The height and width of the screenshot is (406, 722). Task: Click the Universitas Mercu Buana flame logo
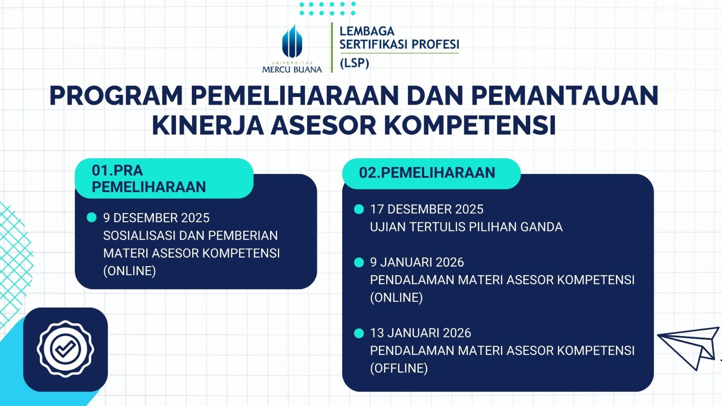pyautogui.click(x=292, y=41)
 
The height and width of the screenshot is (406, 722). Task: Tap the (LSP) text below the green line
pyautogui.click(x=355, y=63)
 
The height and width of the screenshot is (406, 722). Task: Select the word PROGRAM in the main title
pyautogui.click(x=116, y=96)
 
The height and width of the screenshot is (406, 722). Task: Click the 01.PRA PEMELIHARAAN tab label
pyautogui.click(x=148, y=179)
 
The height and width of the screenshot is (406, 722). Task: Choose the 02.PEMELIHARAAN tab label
pyautogui.click(x=427, y=173)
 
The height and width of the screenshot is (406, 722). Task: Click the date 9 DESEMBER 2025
pyautogui.click(x=156, y=218)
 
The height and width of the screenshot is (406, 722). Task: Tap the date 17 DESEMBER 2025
pyautogui.click(x=427, y=209)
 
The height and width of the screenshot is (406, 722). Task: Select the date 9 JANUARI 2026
pyautogui.click(x=417, y=262)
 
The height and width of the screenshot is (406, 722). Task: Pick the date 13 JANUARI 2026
pyautogui.click(x=421, y=333)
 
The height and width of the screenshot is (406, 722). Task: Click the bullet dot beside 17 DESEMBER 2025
pyautogui.click(x=359, y=209)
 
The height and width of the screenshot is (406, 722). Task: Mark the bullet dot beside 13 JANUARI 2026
pyautogui.click(x=359, y=333)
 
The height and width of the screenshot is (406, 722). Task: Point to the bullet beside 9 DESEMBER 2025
pyautogui.click(x=92, y=217)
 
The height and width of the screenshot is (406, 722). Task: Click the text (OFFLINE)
pyautogui.click(x=399, y=368)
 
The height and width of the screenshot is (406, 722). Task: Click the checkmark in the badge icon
pyautogui.click(x=65, y=349)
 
